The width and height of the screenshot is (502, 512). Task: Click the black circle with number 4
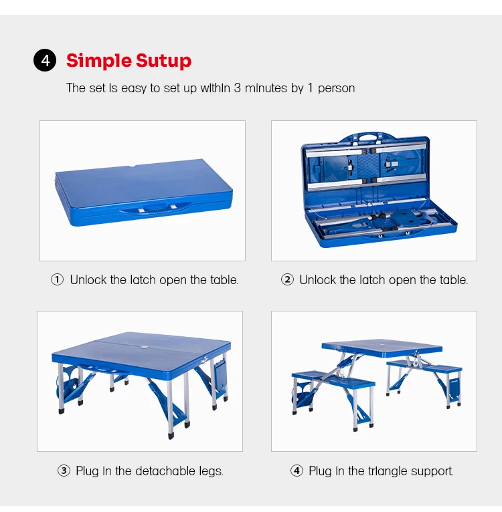45,60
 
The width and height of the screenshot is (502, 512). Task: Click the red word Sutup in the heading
163,61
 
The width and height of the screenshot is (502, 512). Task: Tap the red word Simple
99,61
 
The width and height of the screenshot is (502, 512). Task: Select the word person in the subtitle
336,88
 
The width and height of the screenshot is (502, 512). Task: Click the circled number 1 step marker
58,279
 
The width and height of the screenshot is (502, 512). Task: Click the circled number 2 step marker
287,279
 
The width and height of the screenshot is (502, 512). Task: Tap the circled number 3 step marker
64,471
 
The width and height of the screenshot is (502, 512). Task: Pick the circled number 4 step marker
297,471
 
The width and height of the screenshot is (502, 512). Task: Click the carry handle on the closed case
156,209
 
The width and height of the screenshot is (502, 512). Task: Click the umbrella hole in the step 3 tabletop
143,347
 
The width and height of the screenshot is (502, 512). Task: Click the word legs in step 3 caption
212,471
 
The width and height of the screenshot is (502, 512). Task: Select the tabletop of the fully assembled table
382,348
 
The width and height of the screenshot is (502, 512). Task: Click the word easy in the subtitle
134,88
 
